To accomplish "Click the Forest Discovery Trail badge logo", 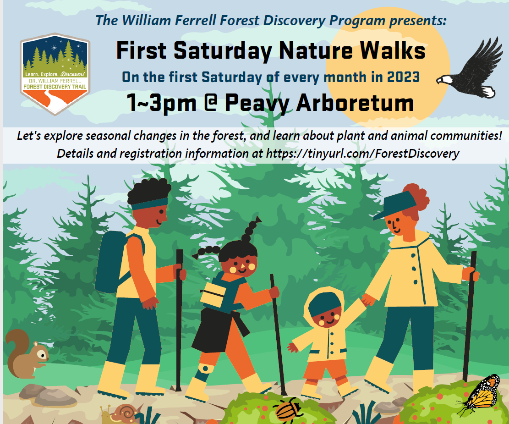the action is (55, 74).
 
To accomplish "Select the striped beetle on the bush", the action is (288, 409).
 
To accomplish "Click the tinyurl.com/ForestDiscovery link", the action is (362, 154).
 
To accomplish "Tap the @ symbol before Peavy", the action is (211, 103).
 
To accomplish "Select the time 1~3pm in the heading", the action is (162, 103).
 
